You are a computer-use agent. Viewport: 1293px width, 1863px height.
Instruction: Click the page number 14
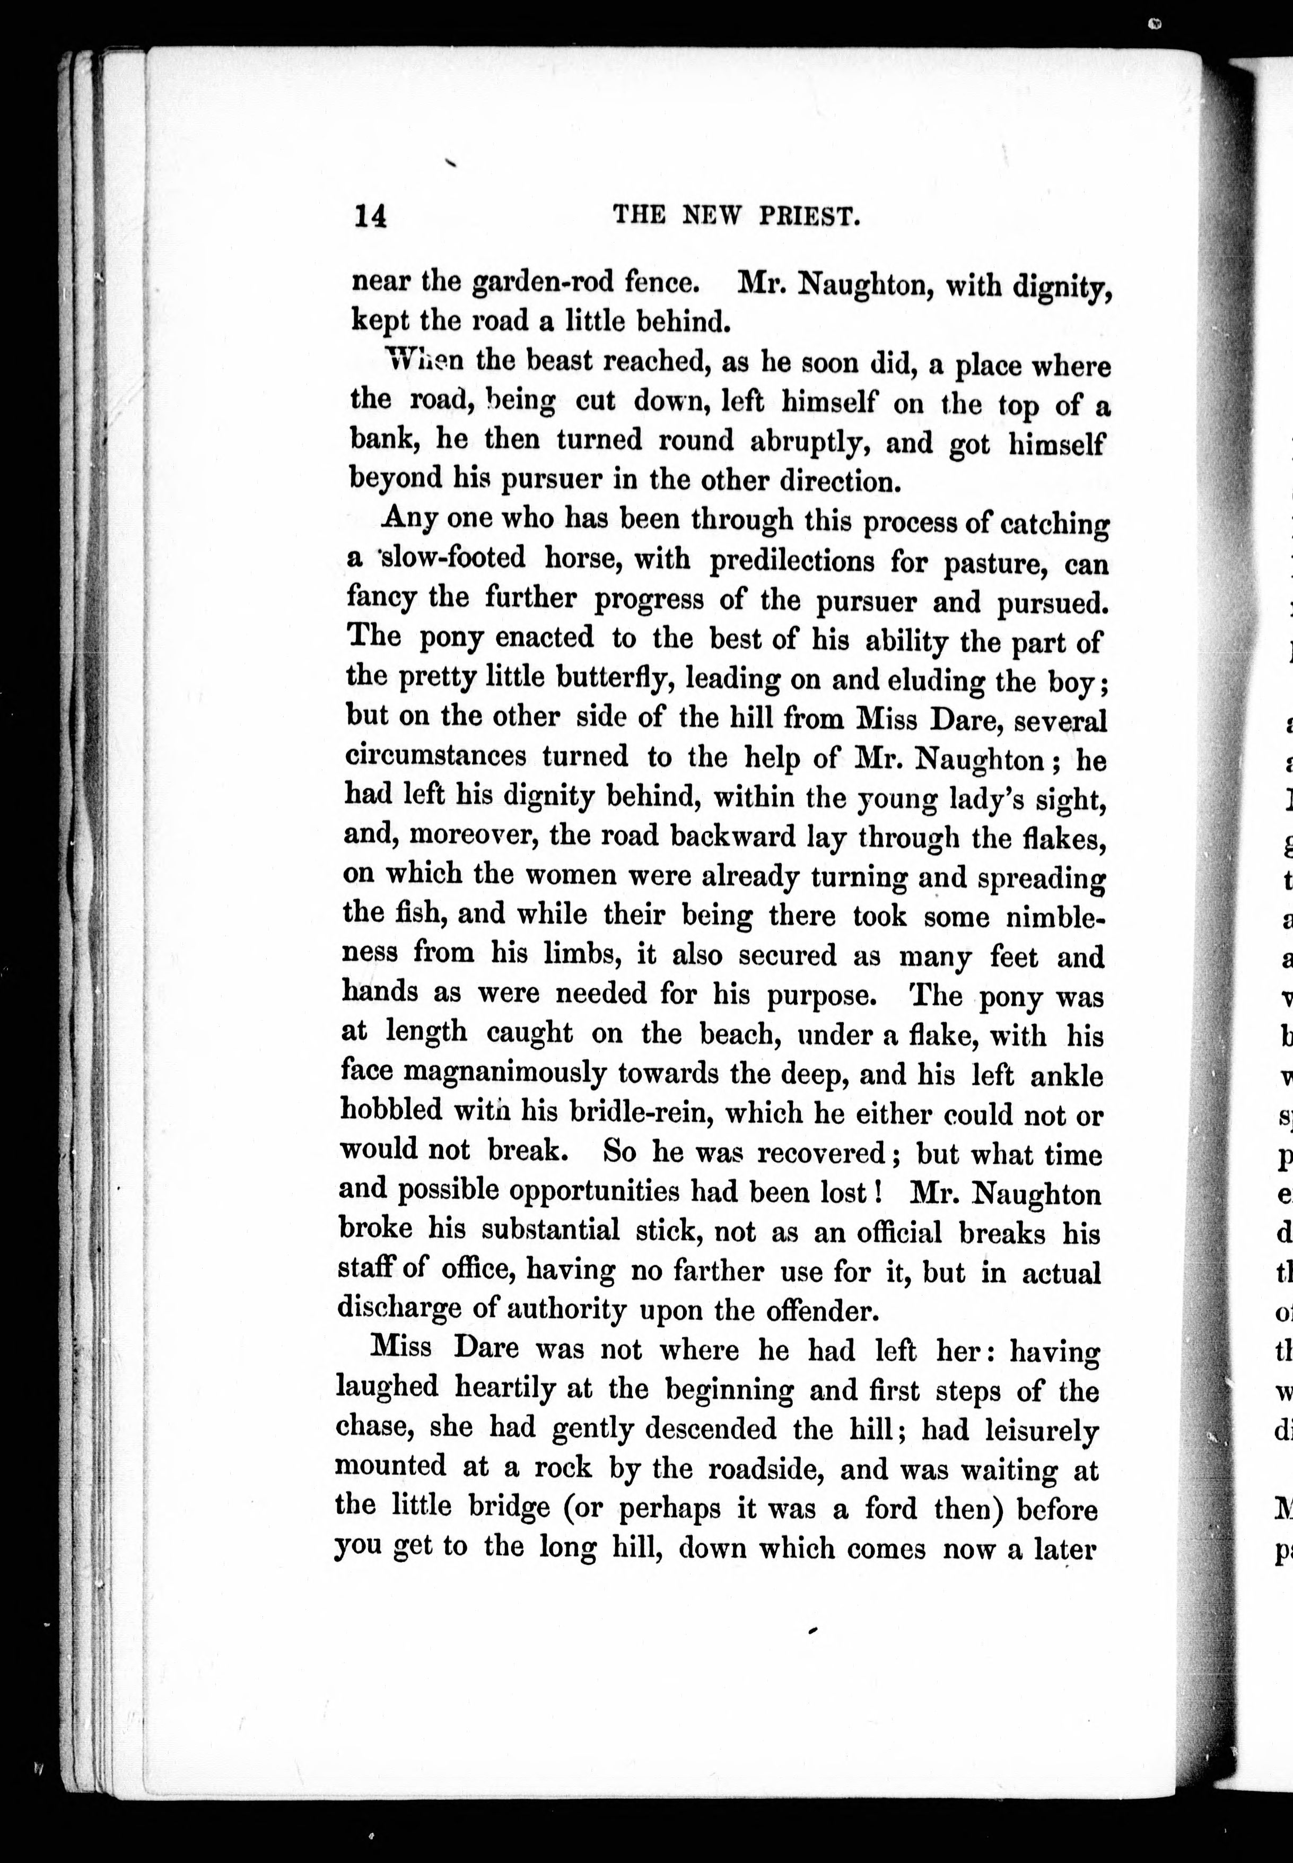pos(370,216)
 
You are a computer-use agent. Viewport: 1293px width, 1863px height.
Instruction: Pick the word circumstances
pos(436,756)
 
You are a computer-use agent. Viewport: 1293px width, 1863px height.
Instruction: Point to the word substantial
pos(550,1230)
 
